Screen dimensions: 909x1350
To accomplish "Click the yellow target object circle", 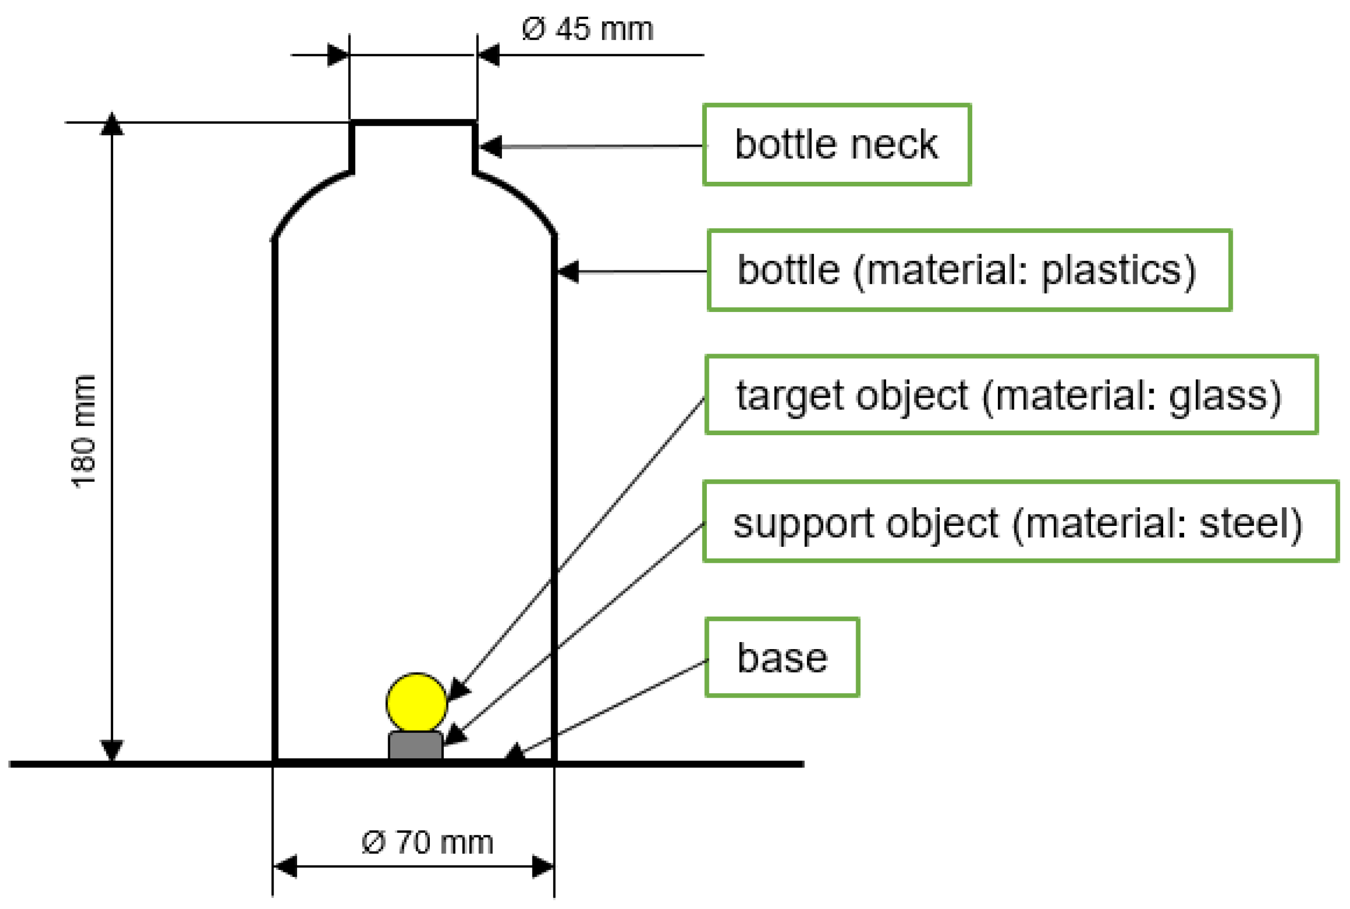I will tap(416, 703).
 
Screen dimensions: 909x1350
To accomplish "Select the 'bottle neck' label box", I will tap(836, 145).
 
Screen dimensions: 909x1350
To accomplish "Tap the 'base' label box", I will tap(782, 658).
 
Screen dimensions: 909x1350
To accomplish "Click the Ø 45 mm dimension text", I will tap(587, 29).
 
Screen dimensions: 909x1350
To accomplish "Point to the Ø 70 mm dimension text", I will tap(427, 843).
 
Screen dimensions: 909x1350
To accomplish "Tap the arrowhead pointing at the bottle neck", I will tap(490, 147).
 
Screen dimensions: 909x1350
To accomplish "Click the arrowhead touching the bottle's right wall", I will tap(568, 271).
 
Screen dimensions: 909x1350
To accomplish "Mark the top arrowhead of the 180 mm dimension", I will tap(111, 124).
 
